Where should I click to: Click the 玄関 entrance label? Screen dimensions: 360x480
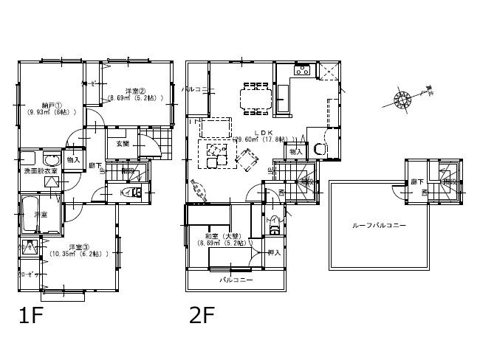(122, 144)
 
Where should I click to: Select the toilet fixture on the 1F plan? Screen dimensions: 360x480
(134, 191)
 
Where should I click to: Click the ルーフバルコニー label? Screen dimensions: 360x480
(378, 225)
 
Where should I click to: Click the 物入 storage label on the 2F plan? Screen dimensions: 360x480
(295, 151)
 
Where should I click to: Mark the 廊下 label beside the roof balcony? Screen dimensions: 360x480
(417, 181)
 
